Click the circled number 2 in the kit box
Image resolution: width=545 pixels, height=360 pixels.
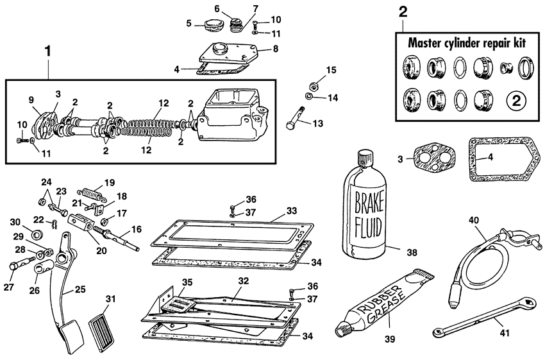[x=516, y=101]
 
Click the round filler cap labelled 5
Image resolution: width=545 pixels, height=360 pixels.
[x=209, y=26]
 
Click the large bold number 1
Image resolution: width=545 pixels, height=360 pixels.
[x=46, y=49]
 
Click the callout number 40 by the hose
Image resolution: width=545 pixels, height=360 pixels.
[x=474, y=220]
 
